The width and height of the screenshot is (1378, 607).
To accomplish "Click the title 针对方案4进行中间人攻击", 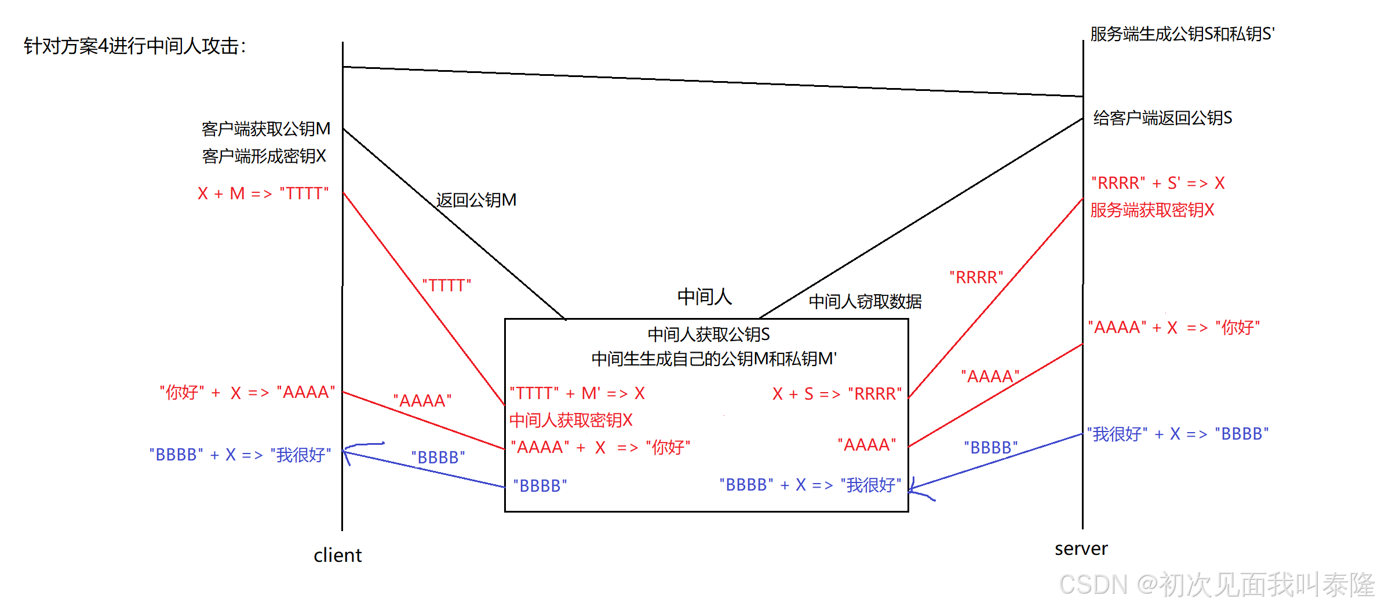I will (x=134, y=46).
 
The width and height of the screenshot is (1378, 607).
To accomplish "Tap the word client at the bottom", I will (x=337, y=555).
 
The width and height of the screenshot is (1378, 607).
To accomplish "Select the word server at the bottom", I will (x=1081, y=549).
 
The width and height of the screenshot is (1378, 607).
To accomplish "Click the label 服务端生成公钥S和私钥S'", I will (x=1182, y=34).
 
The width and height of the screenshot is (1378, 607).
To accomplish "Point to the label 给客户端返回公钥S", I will (x=1162, y=118).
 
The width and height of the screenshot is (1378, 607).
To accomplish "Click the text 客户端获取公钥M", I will (x=265, y=129).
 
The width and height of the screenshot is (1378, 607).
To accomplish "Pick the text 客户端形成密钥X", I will (x=264, y=156).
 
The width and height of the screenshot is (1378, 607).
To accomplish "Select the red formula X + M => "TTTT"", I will (x=263, y=193).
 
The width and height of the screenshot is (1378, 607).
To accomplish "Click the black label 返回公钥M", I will (x=476, y=200).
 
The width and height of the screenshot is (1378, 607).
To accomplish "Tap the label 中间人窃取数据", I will (x=865, y=302).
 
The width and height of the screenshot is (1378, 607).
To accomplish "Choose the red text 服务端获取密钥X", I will (x=1152, y=210).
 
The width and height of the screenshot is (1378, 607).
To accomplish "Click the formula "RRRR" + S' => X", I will (x=1158, y=184).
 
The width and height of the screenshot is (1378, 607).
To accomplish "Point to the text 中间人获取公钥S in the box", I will (x=708, y=335).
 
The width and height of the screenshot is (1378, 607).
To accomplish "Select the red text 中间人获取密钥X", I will (x=571, y=420).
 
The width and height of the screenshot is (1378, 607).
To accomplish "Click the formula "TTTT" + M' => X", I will (x=577, y=394).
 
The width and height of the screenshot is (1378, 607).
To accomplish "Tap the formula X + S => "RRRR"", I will (x=837, y=394).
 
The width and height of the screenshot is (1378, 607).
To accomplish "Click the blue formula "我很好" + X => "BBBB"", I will (x=1178, y=434).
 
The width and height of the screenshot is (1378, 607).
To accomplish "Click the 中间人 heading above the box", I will (x=704, y=297).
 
